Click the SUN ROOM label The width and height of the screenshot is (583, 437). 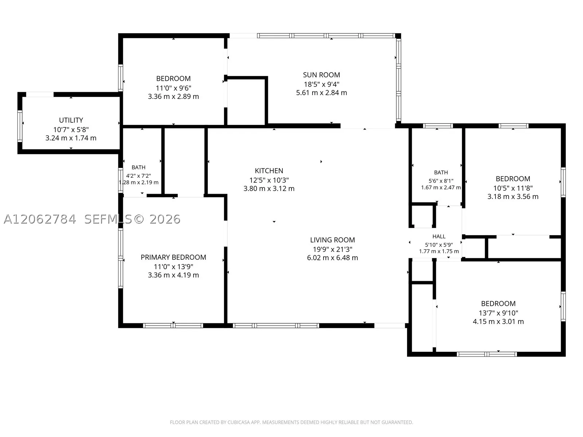[x=321, y=75]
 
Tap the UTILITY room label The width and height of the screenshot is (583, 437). [x=71, y=120]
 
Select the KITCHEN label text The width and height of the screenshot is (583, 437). [x=269, y=170]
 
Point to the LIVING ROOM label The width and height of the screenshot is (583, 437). [x=332, y=240]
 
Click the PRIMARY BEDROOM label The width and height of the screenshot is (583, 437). [x=173, y=257]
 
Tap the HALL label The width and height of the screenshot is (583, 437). [x=439, y=236]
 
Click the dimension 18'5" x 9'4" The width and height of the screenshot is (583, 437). [x=321, y=84]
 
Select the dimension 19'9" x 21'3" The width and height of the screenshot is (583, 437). [x=332, y=249]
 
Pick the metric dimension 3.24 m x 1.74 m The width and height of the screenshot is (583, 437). [x=71, y=138]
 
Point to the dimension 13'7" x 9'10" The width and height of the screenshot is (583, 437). [x=498, y=313]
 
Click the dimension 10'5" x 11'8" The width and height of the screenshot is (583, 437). [x=513, y=188]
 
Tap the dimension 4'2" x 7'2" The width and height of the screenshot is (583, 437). [x=138, y=176]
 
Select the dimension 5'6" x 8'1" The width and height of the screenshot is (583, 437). [x=441, y=181]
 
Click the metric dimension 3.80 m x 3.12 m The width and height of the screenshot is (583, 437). [x=269, y=188]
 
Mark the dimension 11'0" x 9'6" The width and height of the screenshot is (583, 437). [x=173, y=88]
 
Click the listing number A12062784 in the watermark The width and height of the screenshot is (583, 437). [x=40, y=219]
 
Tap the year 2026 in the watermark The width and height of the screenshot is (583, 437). [x=165, y=219]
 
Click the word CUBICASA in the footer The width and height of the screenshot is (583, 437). [x=238, y=422]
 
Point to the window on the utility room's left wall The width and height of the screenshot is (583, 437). [x=20, y=126]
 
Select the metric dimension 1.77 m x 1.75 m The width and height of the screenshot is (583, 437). [x=439, y=251]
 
